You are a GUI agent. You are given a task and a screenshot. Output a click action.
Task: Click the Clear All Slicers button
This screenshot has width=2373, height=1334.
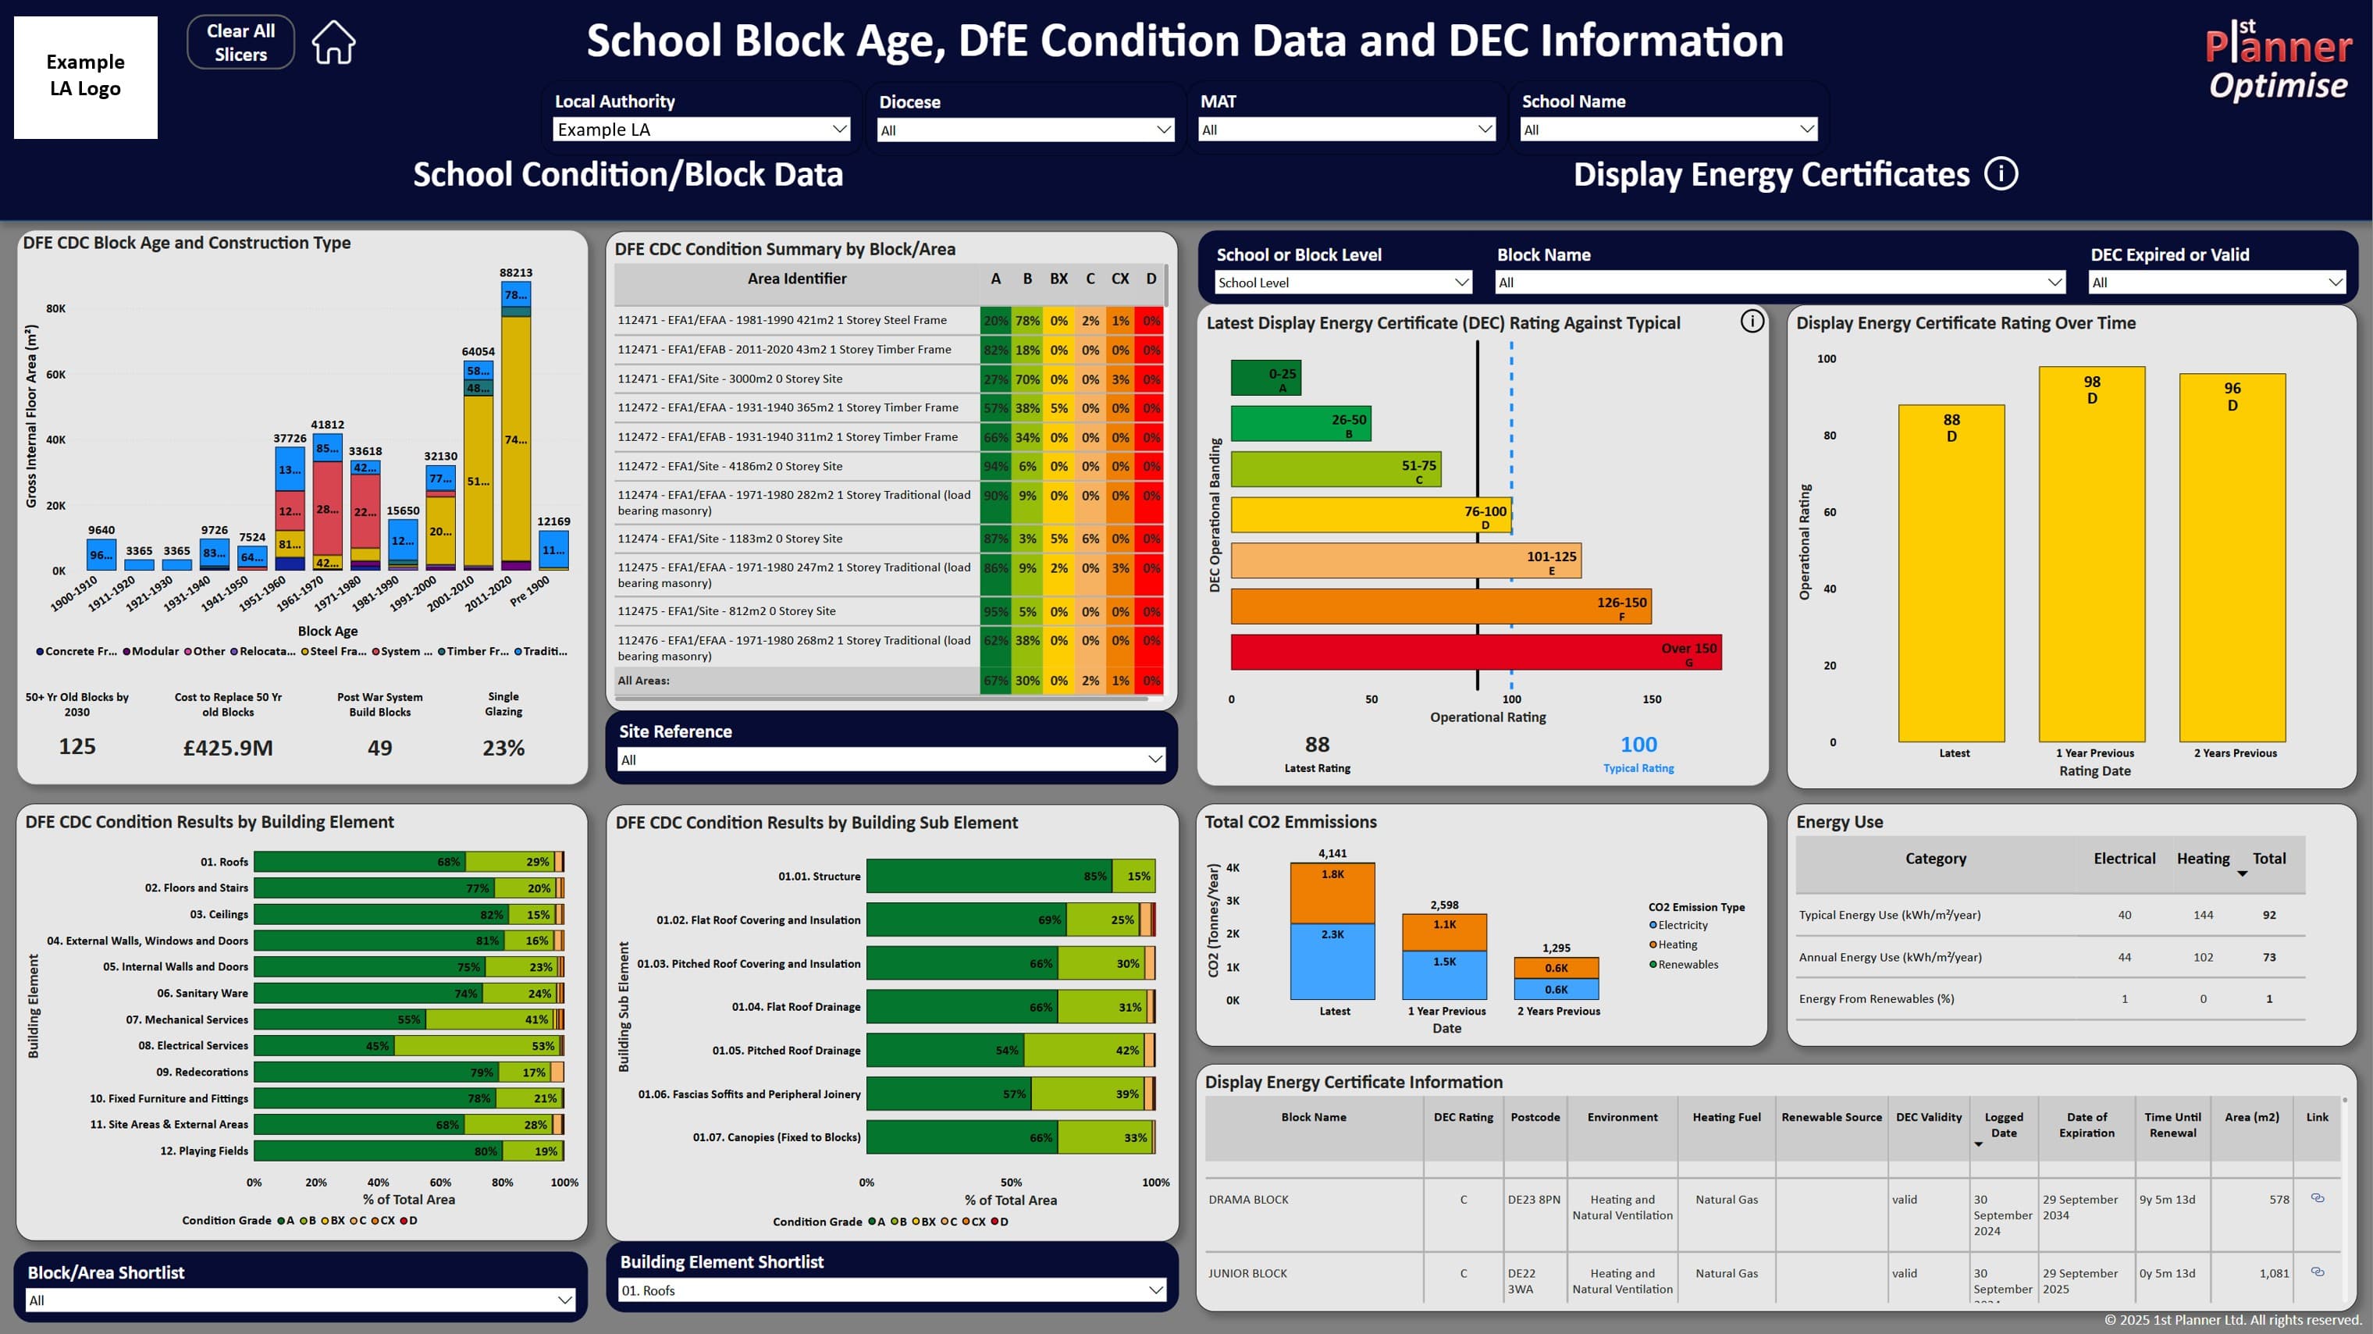pyautogui.click(x=240, y=42)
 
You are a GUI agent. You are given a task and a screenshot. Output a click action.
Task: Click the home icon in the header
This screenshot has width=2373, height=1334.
pyautogui.click(x=333, y=42)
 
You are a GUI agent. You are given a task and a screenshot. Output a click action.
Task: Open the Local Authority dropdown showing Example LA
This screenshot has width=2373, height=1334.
pyautogui.click(x=701, y=130)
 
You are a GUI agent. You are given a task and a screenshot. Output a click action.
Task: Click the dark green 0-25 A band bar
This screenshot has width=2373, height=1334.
pyautogui.click(x=1265, y=377)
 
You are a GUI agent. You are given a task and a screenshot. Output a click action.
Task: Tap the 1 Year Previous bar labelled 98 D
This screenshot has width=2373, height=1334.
pyautogui.click(x=2091, y=553)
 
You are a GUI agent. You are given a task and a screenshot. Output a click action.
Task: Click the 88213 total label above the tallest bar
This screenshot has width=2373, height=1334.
pyautogui.click(x=516, y=272)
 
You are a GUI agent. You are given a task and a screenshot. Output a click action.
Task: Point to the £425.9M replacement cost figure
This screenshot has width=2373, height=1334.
pyautogui.click(x=227, y=748)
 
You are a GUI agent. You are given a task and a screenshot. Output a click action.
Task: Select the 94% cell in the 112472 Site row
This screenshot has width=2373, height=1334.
pyautogui.click(x=995, y=466)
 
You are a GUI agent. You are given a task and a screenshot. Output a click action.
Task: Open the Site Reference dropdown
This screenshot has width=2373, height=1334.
pyautogui.click(x=890, y=760)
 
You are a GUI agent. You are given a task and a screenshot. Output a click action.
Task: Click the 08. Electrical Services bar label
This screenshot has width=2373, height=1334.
pyautogui.click(x=194, y=1046)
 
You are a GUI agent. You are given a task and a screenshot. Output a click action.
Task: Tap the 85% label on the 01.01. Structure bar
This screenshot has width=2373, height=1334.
pyautogui.click(x=1094, y=876)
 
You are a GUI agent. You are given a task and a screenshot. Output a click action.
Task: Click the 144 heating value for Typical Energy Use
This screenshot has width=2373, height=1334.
pyautogui.click(x=2203, y=915)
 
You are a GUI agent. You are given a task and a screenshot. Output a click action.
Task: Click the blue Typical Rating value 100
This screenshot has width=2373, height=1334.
pyautogui.click(x=1638, y=745)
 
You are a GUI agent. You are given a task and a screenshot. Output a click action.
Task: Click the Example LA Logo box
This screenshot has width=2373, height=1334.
pyautogui.click(x=86, y=76)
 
